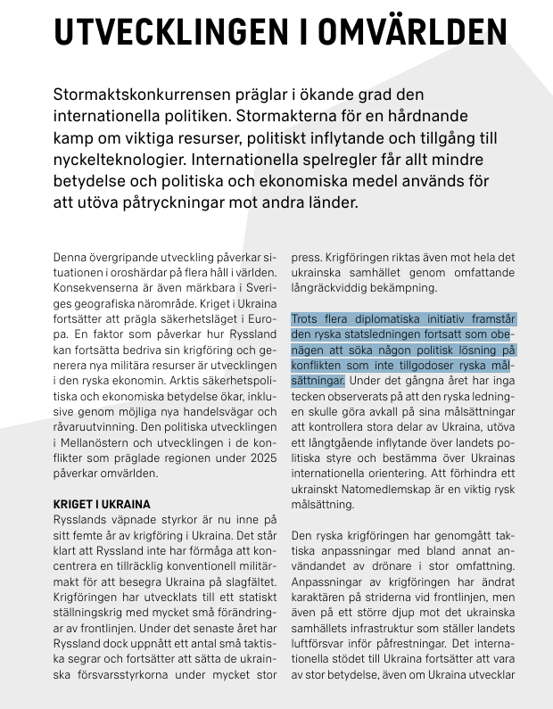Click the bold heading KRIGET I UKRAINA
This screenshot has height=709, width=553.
pos(102,504)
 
